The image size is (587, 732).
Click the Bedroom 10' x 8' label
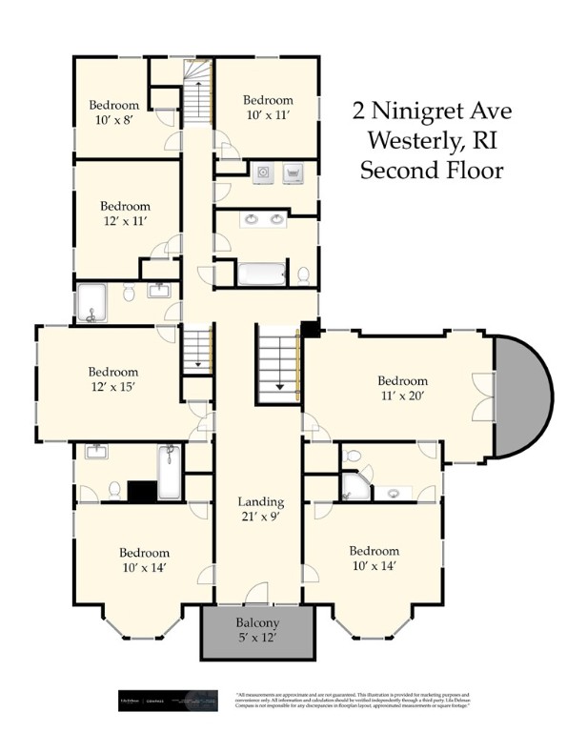click(x=114, y=112)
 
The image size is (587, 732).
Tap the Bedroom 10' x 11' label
click(x=267, y=107)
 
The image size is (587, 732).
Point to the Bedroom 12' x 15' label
click(x=113, y=379)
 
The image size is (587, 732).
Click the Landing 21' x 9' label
click(x=260, y=509)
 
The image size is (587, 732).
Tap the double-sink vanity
click(x=263, y=220)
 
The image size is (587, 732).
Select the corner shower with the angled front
click(x=358, y=486)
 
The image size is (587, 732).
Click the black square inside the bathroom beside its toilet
click(x=141, y=490)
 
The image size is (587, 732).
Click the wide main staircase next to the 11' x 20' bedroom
click(x=278, y=362)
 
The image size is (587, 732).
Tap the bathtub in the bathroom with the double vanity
click(x=261, y=274)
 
